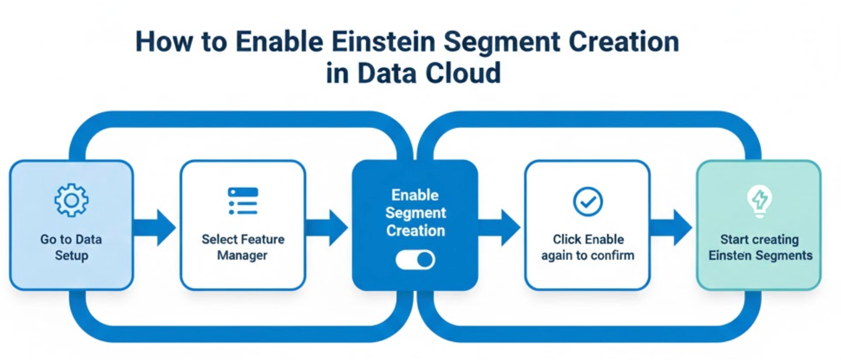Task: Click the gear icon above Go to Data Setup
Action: click(x=71, y=200)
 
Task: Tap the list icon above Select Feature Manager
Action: click(x=243, y=201)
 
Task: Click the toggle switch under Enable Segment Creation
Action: click(x=415, y=260)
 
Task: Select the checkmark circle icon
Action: click(x=588, y=201)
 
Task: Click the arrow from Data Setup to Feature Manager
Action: click(x=154, y=227)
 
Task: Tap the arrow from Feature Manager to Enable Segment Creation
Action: click(x=327, y=227)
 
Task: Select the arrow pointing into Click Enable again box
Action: click(x=499, y=227)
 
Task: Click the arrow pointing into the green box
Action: click(x=671, y=227)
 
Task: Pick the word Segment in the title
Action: click(x=502, y=43)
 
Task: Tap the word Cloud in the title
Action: click(x=463, y=72)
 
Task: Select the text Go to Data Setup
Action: click(x=71, y=247)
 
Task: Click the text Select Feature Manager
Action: click(x=243, y=247)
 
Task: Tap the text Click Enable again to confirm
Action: click(x=588, y=247)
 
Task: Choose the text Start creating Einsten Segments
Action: click(x=760, y=247)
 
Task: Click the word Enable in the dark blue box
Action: click(x=415, y=195)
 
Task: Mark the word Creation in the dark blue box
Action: click(x=415, y=230)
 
